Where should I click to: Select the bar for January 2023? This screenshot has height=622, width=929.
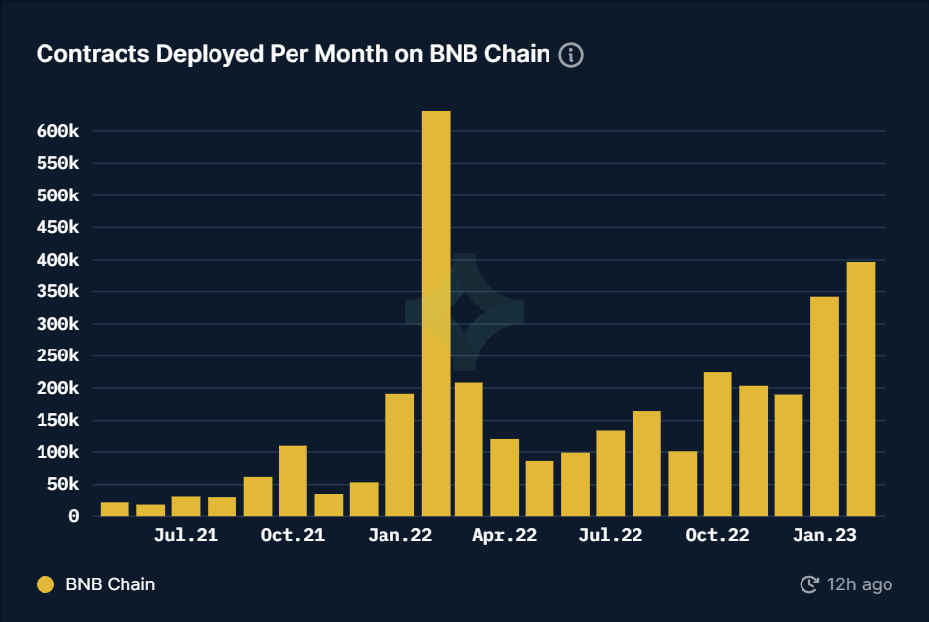pyautogui.click(x=824, y=406)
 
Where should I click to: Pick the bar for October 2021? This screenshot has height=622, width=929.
pyautogui.click(x=293, y=481)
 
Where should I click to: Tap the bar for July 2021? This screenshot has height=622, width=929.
pyautogui.click(x=186, y=505)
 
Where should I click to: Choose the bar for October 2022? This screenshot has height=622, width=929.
pyautogui.click(x=718, y=444)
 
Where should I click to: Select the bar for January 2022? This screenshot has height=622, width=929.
pyautogui.click(x=399, y=454)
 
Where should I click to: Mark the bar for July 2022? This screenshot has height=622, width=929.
pyautogui.click(x=611, y=473)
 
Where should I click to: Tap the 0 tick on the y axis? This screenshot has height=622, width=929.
pyautogui.click(x=73, y=516)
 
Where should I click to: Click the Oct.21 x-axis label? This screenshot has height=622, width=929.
pyautogui.click(x=292, y=536)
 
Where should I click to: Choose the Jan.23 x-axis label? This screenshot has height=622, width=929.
pyautogui.click(x=824, y=536)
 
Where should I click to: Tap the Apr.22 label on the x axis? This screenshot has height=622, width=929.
pyautogui.click(x=504, y=536)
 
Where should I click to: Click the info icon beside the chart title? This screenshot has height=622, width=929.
pyautogui.click(x=571, y=55)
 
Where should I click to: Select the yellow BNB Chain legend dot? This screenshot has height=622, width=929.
pyautogui.click(x=45, y=584)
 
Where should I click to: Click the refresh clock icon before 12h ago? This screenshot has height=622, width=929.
pyautogui.click(x=808, y=584)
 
